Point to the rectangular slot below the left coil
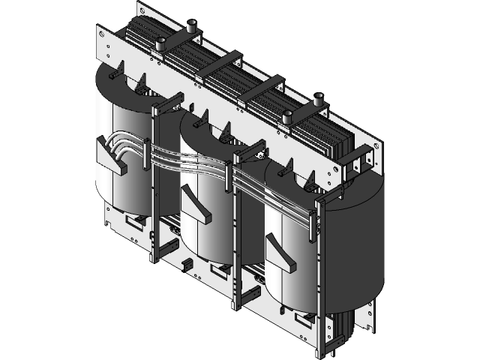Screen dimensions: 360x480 click(136, 221)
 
